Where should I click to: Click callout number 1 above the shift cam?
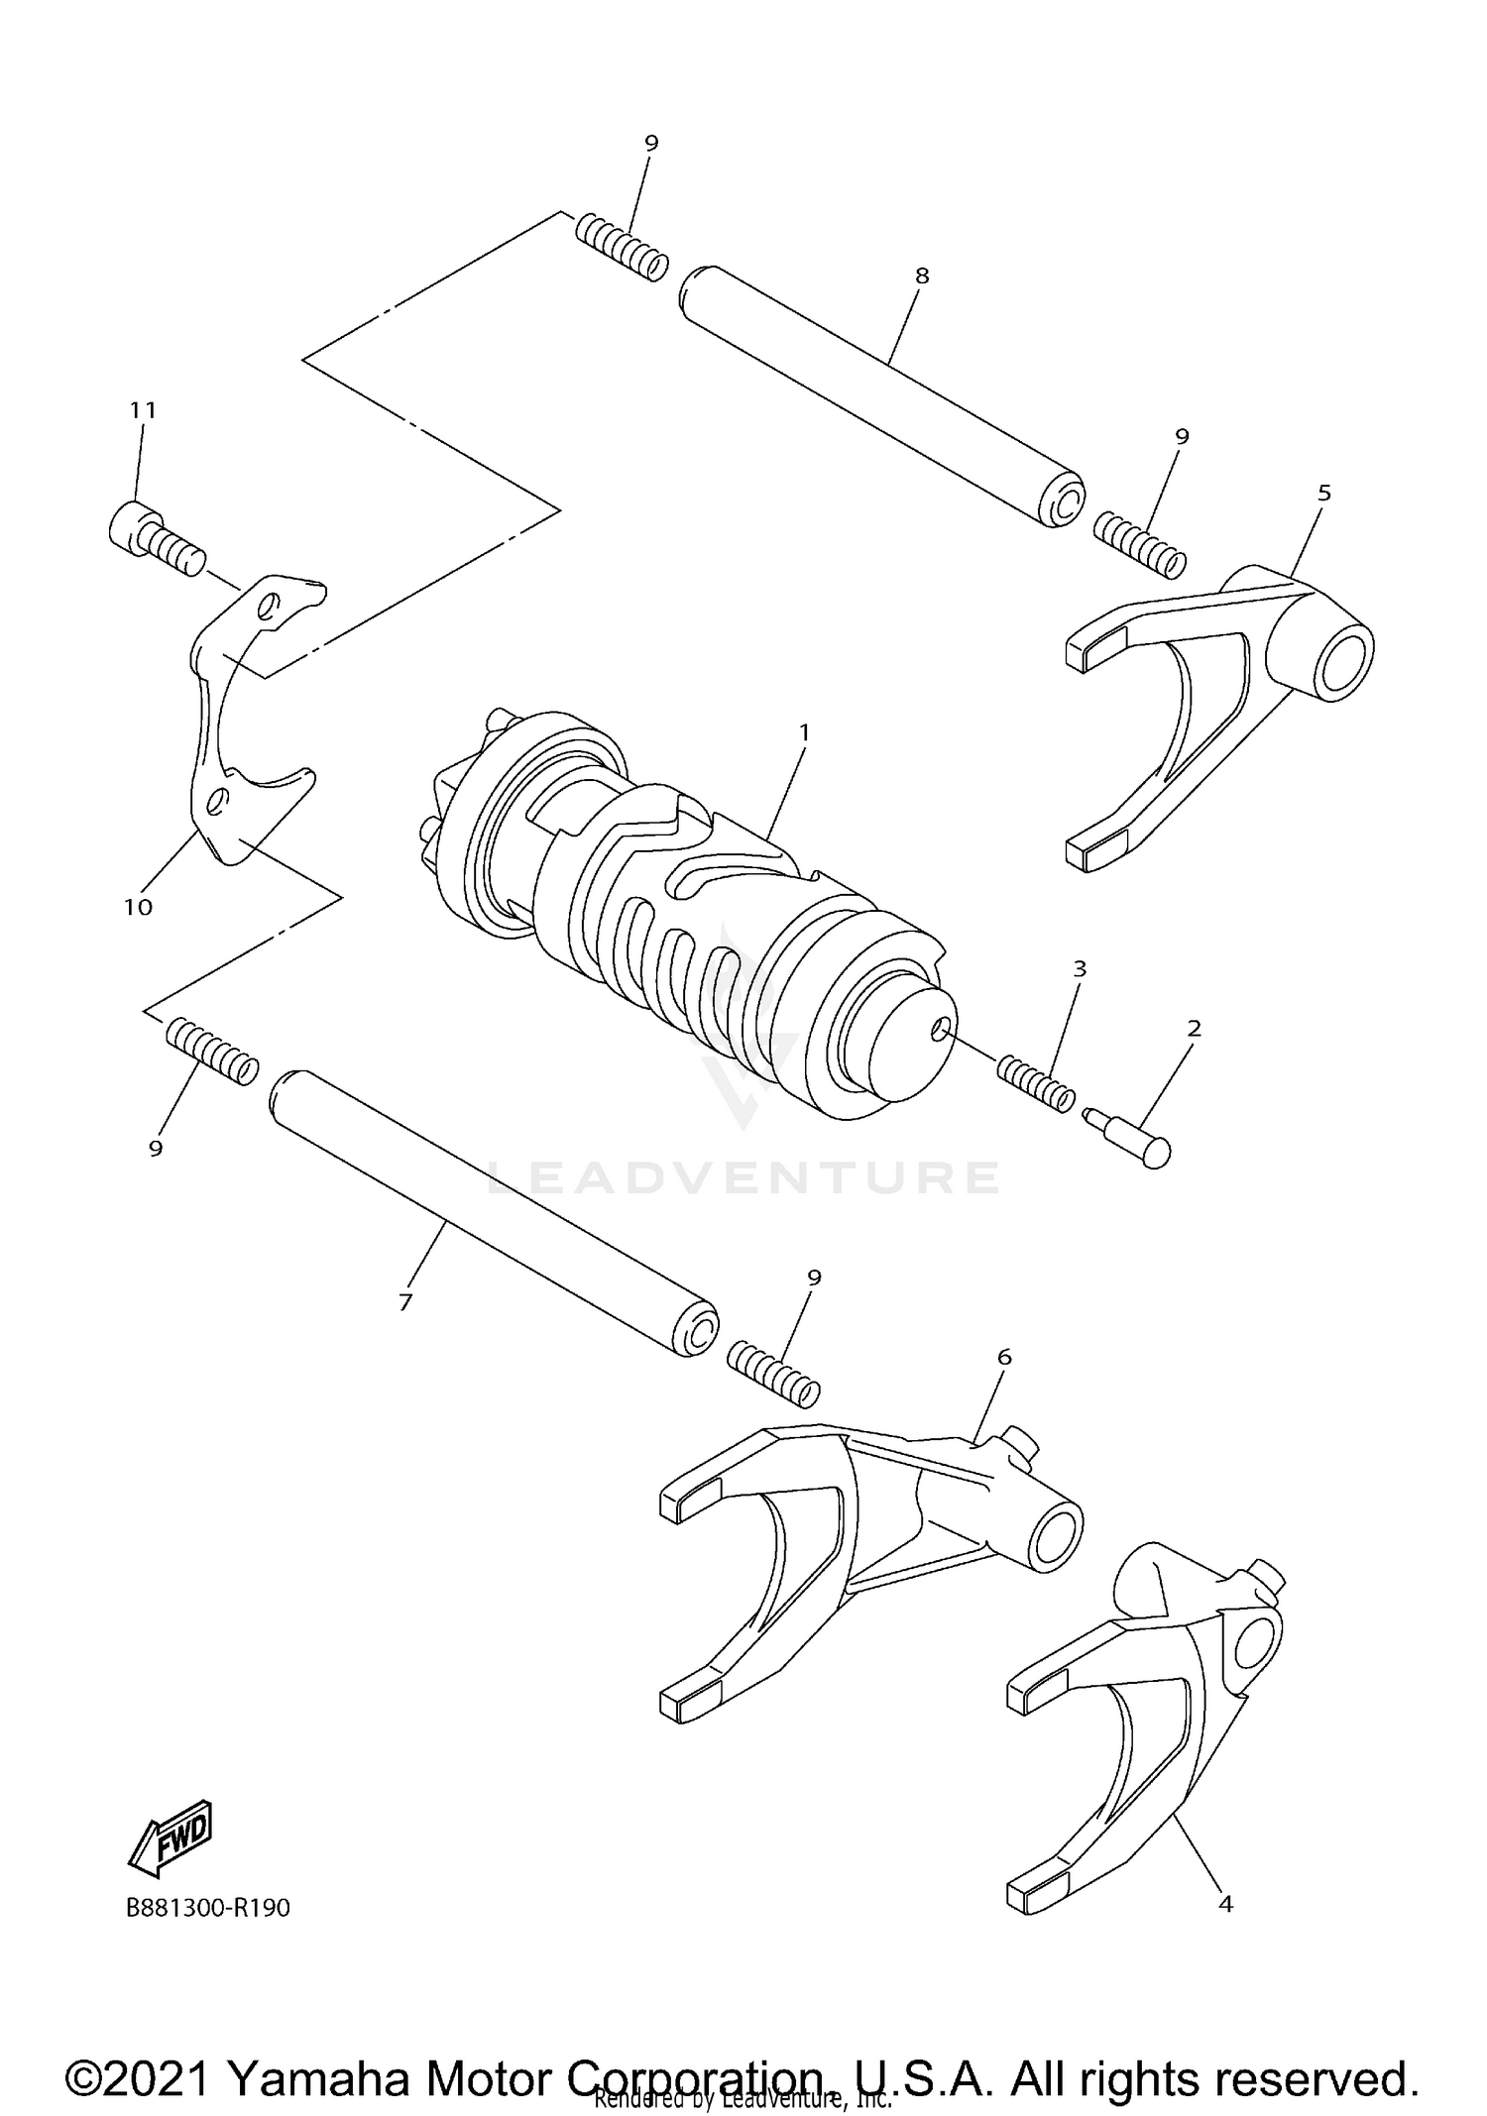point(804,732)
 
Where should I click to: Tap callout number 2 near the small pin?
point(1194,1029)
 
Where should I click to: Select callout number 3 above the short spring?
point(1080,968)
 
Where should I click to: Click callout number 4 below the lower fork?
point(1225,1904)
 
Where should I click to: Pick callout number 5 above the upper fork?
point(1324,493)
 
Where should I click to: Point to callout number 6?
point(1004,1357)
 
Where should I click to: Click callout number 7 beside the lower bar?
point(404,1302)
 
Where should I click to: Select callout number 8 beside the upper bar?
point(922,276)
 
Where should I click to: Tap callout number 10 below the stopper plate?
point(139,906)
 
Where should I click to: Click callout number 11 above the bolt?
point(143,409)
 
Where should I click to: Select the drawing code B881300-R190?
point(208,1908)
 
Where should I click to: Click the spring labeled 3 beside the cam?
point(1035,1083)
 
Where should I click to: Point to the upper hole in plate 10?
point(269,607)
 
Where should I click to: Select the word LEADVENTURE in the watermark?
point(743,1176)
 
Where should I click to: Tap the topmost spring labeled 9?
point(622,248)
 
